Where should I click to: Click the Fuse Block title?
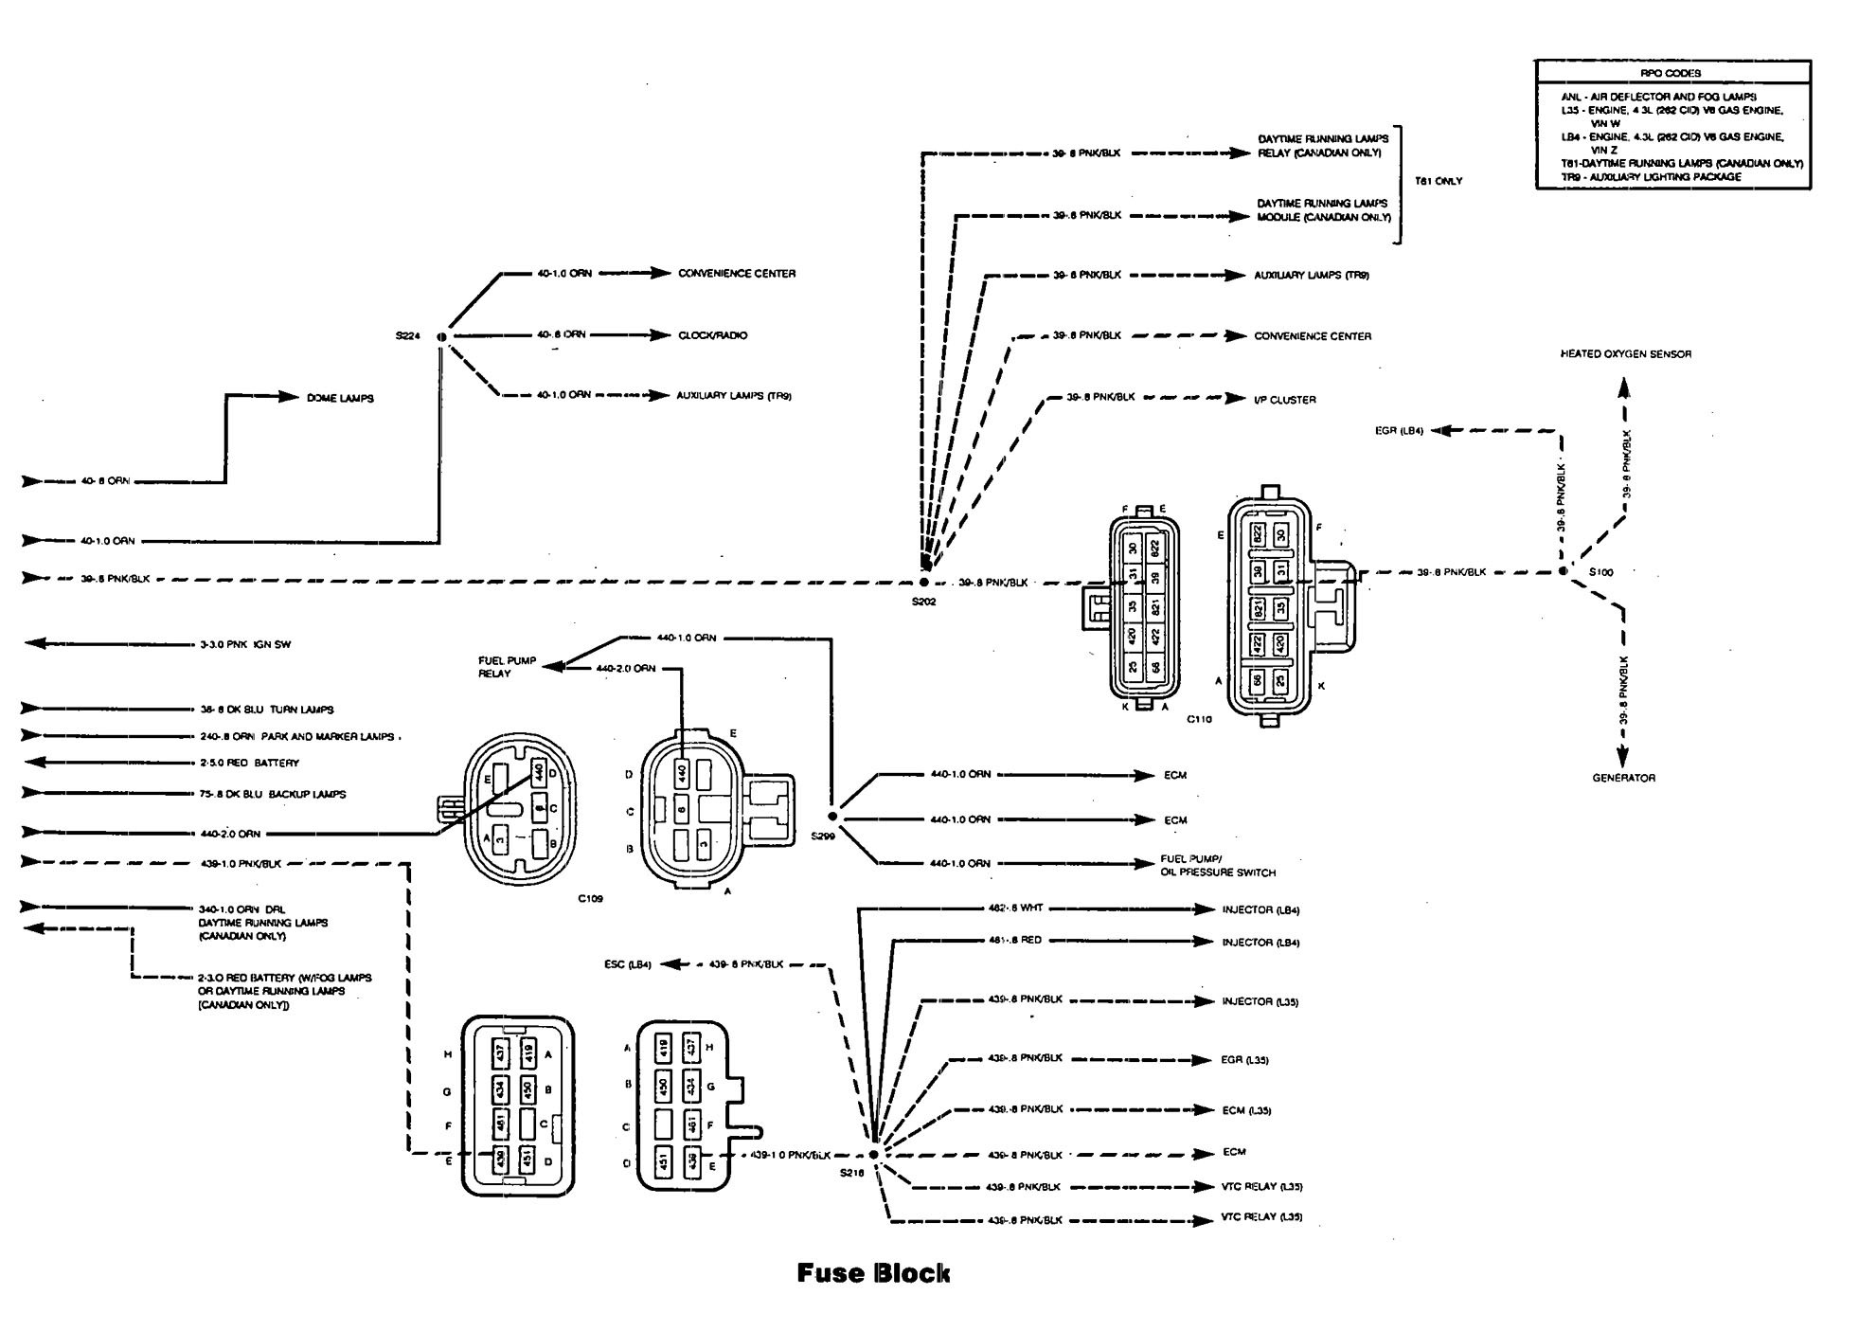[872, 1272]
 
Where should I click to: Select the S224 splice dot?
[441, 336]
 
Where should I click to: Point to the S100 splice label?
[1600, 572]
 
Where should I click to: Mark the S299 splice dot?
[832, 816]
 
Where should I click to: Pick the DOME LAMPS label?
[340, 398]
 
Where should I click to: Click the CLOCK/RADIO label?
[712, 335]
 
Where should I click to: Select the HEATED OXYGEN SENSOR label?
[1625, 354]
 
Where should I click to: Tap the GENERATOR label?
[1623, 778]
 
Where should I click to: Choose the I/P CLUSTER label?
[1284, 400]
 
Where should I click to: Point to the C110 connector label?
[1199, 719]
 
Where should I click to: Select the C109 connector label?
[591, 898]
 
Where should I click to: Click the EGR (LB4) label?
[1399, 431]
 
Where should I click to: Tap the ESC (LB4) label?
[627, 964]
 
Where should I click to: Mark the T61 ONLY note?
[1438, 181]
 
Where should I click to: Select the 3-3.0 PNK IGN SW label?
[244, 644]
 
